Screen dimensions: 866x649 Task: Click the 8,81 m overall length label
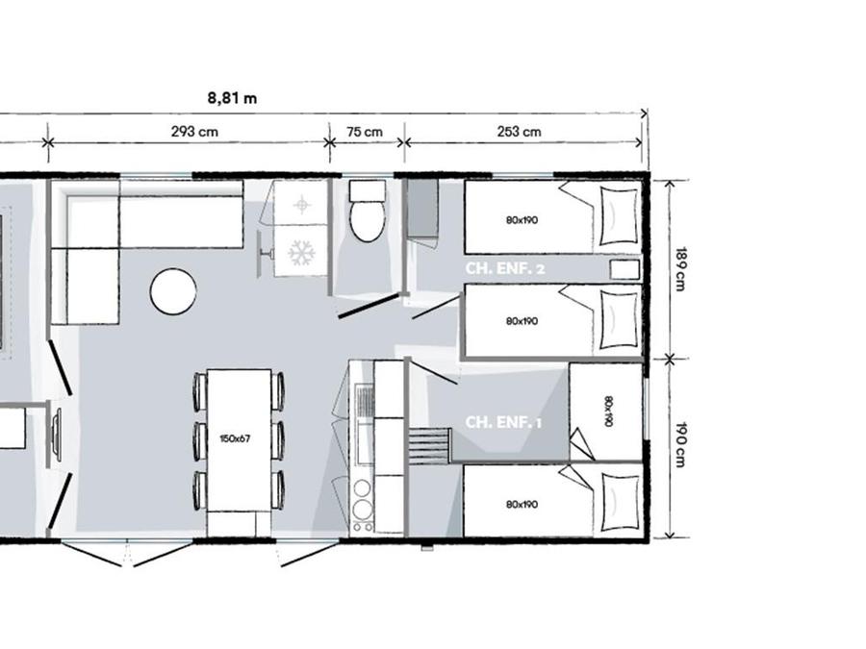click(232, 98)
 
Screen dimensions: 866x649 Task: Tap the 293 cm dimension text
click(194, 132)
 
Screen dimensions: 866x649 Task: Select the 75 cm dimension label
click(365, 132)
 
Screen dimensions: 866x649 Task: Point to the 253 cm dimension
click(520, 132)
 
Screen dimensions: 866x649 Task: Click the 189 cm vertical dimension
click(680, 269)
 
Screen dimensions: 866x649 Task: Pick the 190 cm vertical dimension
click(680, 445)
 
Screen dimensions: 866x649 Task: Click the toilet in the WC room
click(368, 212)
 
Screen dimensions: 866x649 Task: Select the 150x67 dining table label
click(235, 438)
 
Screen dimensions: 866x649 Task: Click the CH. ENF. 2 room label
click(505, 269)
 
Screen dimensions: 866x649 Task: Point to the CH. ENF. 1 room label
click(503, 422)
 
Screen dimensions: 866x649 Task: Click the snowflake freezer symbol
click(301, 253)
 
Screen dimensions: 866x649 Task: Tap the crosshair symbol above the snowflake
click(301, 206)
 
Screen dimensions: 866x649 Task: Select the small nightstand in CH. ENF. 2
click(624, 270)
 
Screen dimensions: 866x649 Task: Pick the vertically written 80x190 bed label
click(607, 412)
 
